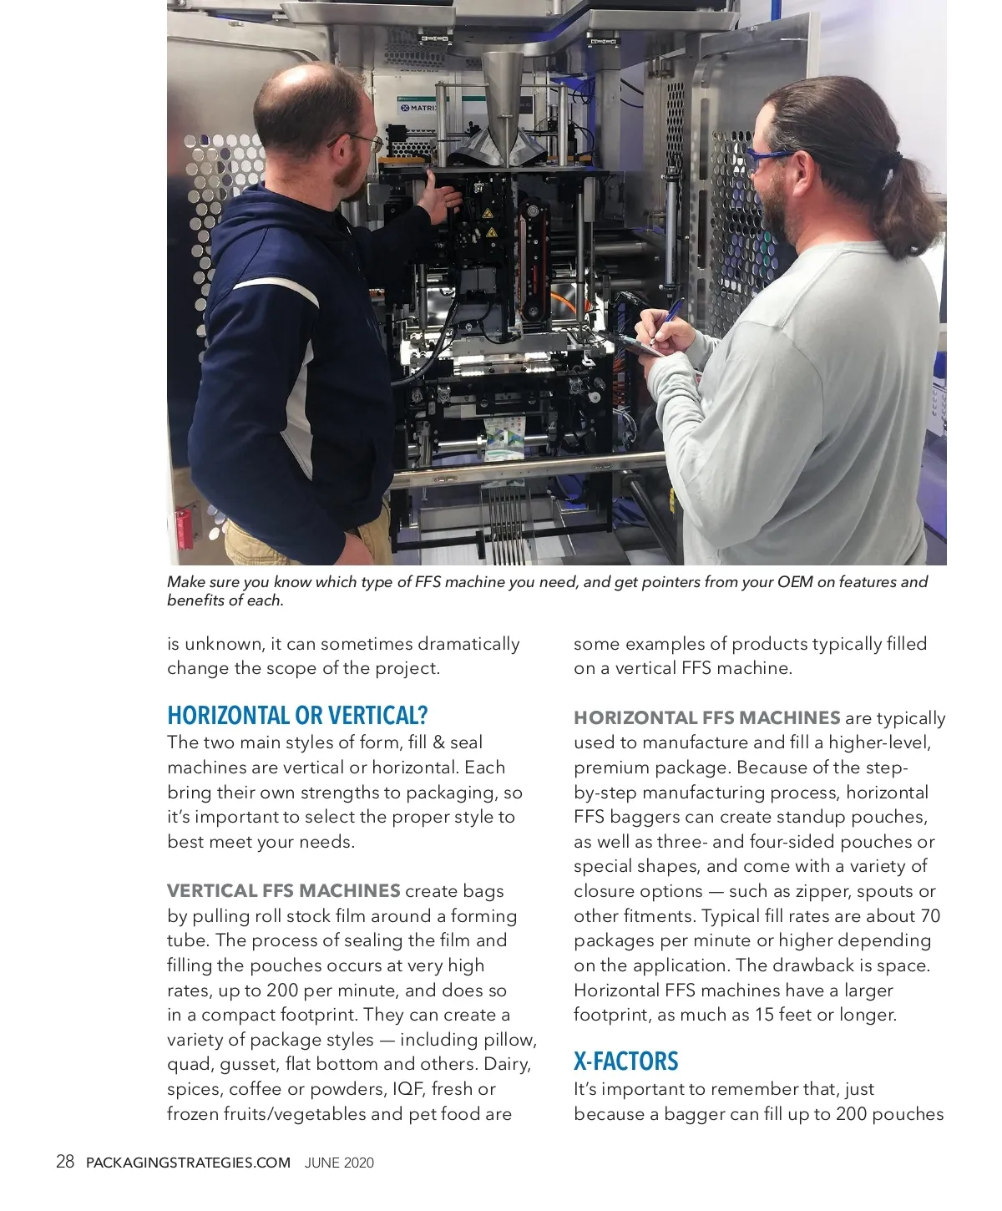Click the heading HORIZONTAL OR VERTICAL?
pos(297,716)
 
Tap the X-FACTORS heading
pos(625,1062)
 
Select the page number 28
pos(65,1162)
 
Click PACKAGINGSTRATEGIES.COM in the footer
pos(189,1163)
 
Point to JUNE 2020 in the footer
pos(339,1163)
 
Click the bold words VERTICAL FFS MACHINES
pos(283,890)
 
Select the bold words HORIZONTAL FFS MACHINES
pos(706,717)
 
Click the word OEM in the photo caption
pos(794,582)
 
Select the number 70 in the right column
pos(929,915)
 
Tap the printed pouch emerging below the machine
pos(504,442)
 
